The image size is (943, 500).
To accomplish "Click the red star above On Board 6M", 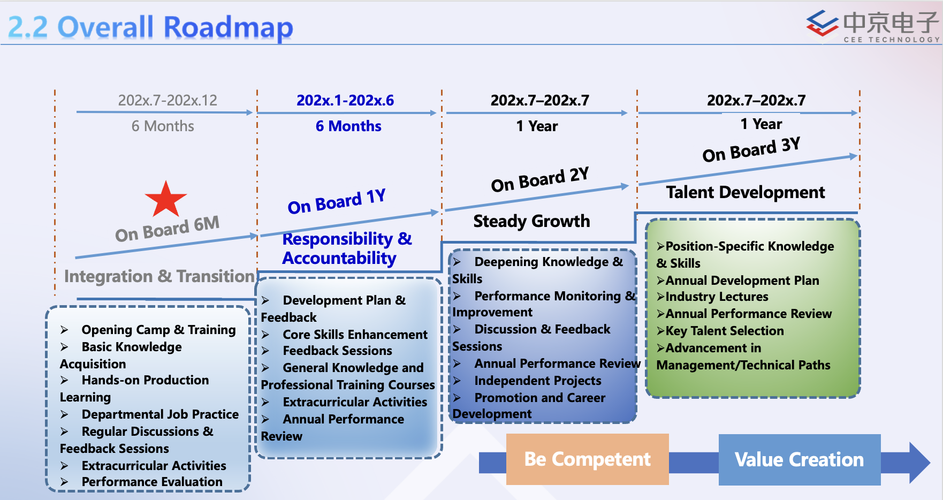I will click(166, 199).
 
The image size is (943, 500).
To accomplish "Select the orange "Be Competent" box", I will click(587, 459).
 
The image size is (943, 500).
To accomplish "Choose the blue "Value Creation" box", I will click(799, 459).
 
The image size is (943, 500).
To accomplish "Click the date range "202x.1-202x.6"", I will click(345, 100).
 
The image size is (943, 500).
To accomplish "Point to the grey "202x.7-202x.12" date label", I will click(168, 100).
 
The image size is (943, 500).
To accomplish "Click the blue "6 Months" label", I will click(348, 126).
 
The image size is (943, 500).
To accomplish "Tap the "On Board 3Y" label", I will click(751, 149).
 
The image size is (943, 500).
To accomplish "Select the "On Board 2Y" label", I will click(540, 179).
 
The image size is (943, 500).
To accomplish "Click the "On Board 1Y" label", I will click(337, 202).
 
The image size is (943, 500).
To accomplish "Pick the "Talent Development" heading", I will click(745, 192).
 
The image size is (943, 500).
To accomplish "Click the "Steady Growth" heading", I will click(531, 221).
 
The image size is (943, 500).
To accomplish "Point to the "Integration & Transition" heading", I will click(159, 276).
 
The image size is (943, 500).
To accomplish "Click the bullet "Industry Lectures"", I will click(716, 297).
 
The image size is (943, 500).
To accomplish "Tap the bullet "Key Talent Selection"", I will click(724, 331).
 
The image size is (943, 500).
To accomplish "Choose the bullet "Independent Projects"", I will click(537, 381).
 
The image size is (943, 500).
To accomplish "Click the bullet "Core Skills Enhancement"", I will click(355, 335).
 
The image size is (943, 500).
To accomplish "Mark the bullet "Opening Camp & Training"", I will click(158, 330).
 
